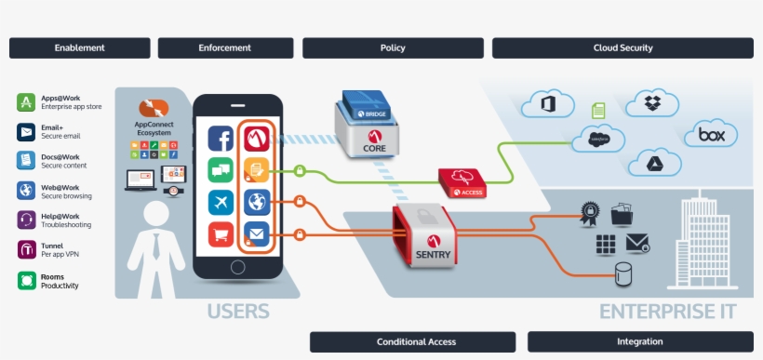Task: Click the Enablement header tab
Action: tap(79, 47)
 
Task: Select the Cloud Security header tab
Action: tap(622, 47)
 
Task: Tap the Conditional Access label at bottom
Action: tap(416, 341)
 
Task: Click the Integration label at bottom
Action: tap(640, 341)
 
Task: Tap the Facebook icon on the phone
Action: tap(221, 140)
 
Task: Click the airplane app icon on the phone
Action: tap(221, 202)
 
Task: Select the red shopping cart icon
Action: tap(221, 233)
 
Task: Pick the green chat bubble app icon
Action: tap(221, 170)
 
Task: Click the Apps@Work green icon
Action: tap(26, 102)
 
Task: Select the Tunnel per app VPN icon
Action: tap(26, 249)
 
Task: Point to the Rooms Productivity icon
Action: tap(26, 279)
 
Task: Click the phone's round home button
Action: tap(238, 267)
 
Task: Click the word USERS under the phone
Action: tap(238, 311)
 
